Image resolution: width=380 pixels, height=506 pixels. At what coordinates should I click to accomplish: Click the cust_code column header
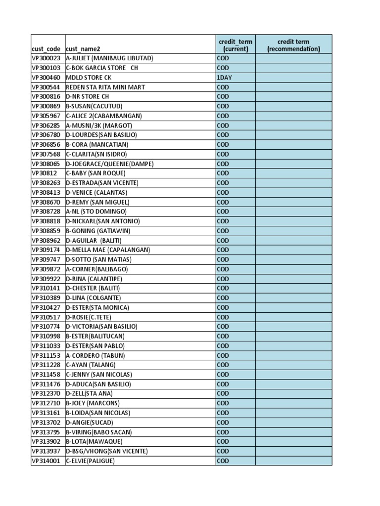coord(47,49)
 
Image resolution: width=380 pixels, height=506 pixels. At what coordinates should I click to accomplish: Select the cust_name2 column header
coord(83,49)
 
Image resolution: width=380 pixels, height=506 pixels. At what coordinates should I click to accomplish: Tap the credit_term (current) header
coord(235,45)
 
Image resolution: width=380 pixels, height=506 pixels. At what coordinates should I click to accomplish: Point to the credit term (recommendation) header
coord(293,45)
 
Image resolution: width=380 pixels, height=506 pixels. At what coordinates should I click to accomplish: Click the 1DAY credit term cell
coord(224,78)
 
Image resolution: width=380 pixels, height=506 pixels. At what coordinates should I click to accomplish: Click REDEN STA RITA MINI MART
coord(105,87)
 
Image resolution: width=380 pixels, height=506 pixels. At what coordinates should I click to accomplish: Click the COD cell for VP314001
coord(223,461)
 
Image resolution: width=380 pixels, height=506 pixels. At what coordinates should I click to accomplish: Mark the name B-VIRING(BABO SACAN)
coord(99,432)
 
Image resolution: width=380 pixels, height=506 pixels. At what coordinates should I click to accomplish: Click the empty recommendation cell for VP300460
coord(293,78)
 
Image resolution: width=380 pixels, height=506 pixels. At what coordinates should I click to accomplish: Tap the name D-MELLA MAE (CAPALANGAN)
coord(108,250)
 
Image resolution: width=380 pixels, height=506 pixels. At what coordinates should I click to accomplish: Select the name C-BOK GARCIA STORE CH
coord(102,68)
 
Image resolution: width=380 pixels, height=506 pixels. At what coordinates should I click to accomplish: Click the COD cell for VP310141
coord(223,288)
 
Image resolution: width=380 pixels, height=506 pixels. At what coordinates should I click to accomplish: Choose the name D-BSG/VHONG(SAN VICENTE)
coord(106,451)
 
